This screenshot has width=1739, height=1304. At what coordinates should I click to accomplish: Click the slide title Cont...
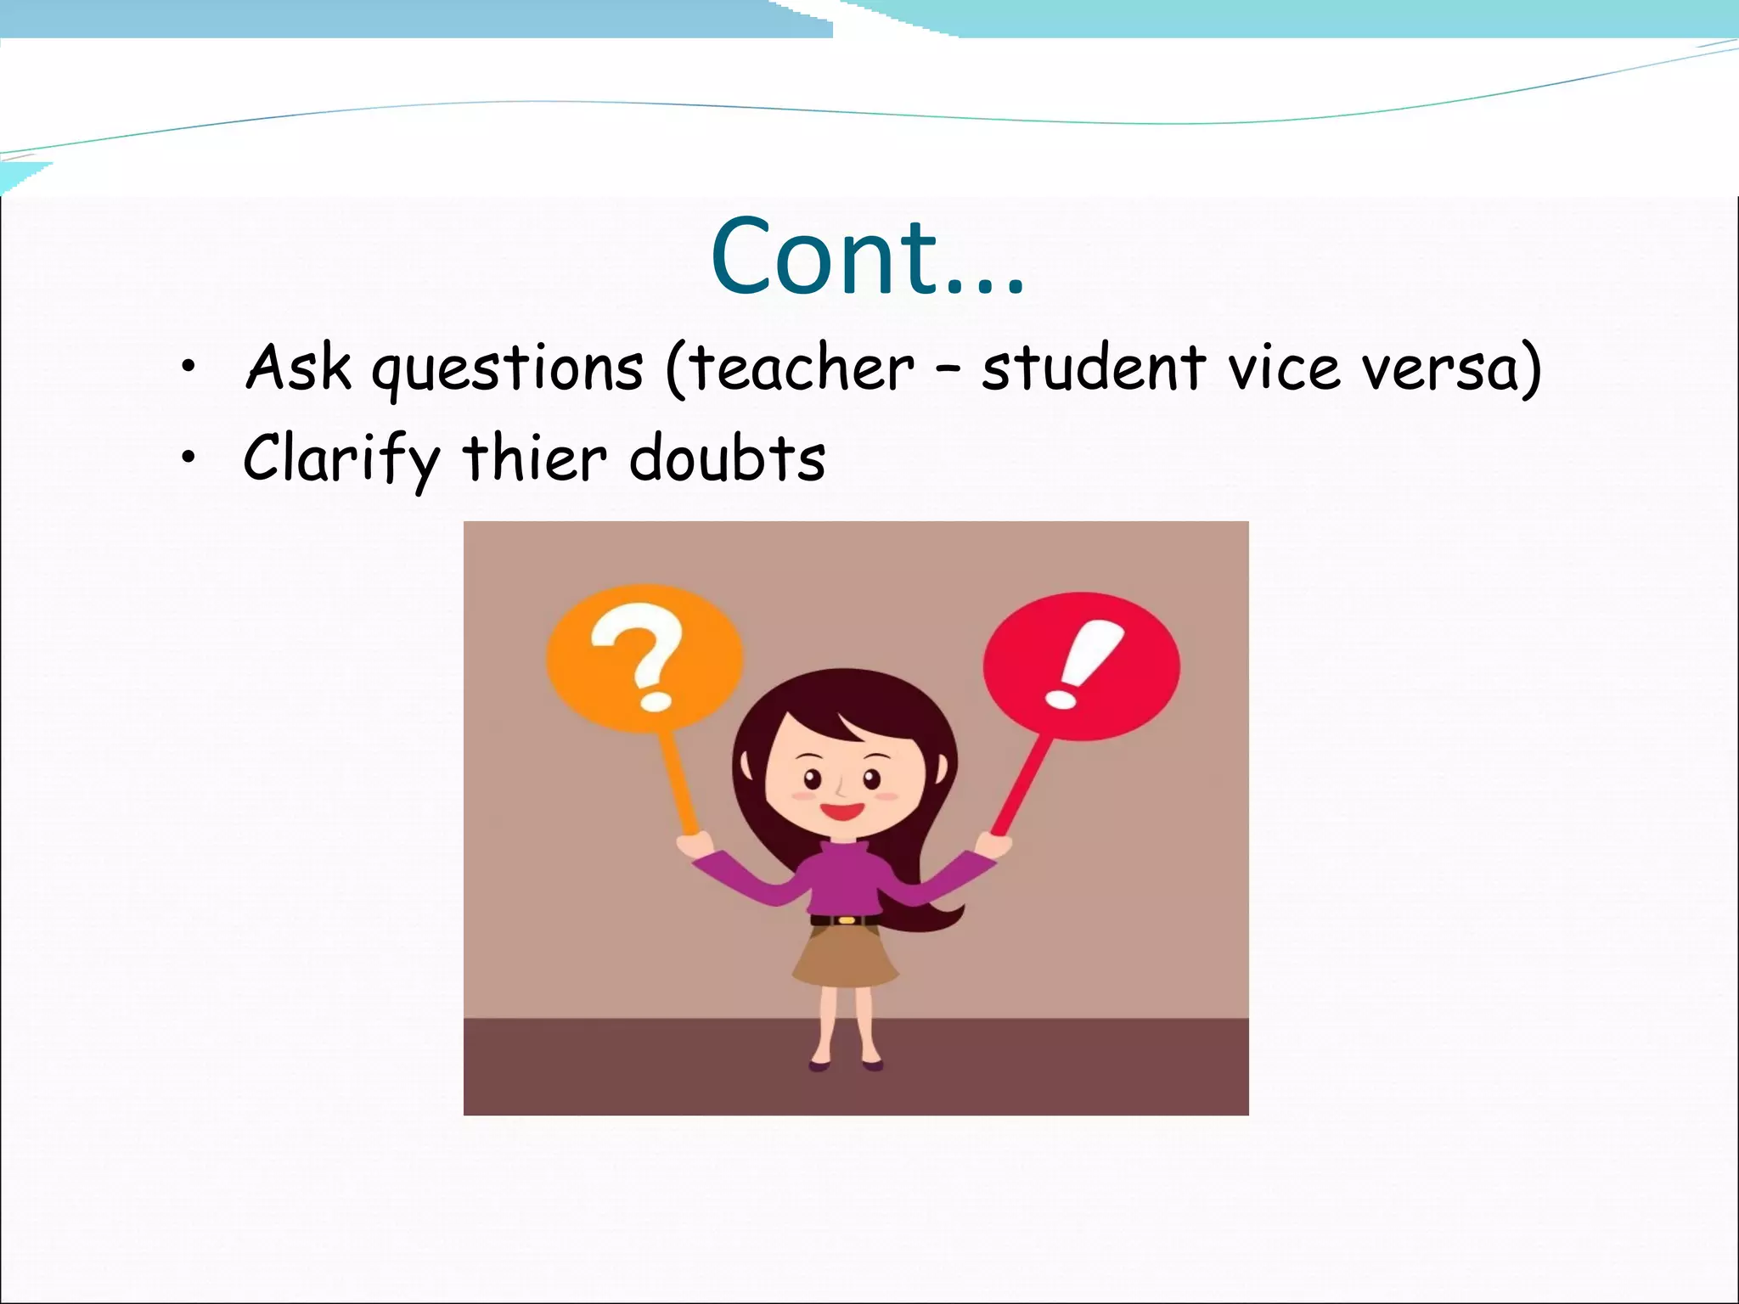click(866, 256)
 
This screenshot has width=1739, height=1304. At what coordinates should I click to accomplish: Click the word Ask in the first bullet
click(298, 368)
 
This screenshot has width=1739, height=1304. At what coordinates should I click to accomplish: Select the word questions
click(508, 371)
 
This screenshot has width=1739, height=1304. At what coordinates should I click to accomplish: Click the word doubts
click(727, 458)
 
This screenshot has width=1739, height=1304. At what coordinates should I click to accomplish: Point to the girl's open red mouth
click(841, 810)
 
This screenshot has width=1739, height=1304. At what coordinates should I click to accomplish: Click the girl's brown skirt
click(846, 955)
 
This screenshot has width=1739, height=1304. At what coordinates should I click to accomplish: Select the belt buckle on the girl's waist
click(846, 919)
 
